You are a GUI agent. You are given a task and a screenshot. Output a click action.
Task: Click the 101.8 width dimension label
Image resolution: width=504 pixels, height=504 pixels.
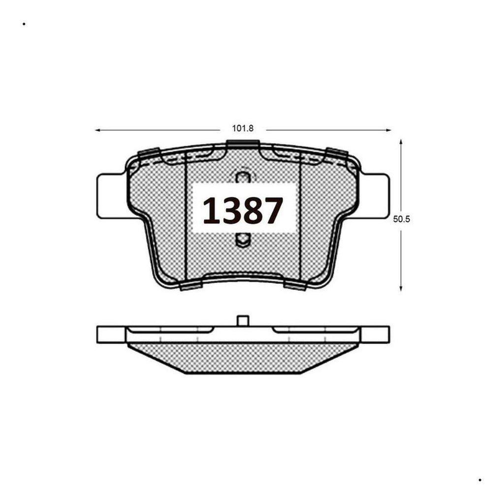tap(243, 128)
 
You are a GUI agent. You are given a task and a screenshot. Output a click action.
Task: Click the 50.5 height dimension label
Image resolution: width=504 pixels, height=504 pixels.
tap(402, 219)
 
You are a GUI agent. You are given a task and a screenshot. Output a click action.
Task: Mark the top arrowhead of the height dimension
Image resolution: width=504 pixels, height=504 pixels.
tap(401, 142)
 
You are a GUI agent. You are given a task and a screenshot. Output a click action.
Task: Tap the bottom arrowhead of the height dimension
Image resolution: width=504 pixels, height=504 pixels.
tap(401, 288)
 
